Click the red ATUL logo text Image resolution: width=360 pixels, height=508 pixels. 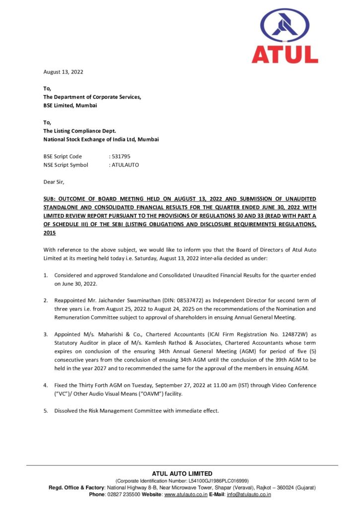[x=285, y=54]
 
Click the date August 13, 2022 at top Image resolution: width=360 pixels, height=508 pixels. [x=63, y=72]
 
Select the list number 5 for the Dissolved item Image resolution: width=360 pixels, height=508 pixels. [x=46, y=411]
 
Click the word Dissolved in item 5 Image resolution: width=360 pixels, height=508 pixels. [x=68, y=411]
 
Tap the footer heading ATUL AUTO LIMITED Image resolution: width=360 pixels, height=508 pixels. [x=182, y=473]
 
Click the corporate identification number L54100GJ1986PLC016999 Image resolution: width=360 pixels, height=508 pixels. [x=218, y=481]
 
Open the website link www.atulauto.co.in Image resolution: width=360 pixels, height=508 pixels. [x=185, y=494]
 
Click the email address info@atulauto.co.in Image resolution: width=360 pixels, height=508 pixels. [x=248, y=494]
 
